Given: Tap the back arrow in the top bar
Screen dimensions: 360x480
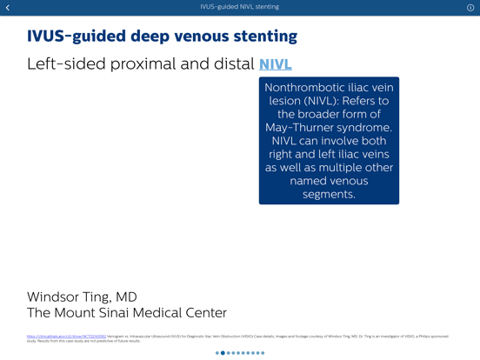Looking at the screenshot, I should pyautogui.click(x=8, y=8).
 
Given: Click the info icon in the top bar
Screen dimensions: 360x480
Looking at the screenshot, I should pyautogui.click(x=470, y=8).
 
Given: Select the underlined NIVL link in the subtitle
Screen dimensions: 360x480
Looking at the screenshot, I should pyautogui.click(x=275, y=64).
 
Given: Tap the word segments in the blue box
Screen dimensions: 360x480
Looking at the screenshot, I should pyautogui.click(x=328, y=194).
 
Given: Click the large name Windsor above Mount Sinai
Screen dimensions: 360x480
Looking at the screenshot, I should pyautogui.click(x=56, y=297).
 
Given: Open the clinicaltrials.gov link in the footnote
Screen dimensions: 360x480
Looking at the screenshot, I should pyautogui.click(x=66, y=337).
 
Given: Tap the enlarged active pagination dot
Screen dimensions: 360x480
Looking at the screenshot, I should pyautogui.click(x=223, y=353).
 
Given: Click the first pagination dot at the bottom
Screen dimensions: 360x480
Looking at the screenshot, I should pyautogui.click(x=217, y=353).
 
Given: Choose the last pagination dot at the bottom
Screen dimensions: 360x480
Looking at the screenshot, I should pyautogui.click(x=263, y=353).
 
